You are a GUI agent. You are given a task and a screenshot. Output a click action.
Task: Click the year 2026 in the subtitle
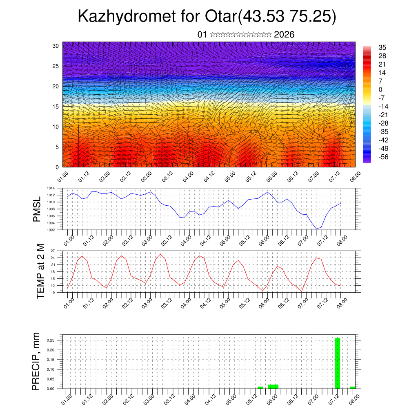tap(284, 34)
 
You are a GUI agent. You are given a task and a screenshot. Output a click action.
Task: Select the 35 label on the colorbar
tap(382, 47)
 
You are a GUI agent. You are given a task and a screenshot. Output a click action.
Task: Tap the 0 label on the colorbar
tap(380, 89)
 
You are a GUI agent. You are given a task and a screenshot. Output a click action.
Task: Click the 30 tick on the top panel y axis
tap(56, 45)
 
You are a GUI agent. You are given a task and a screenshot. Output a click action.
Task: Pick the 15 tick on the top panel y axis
tap(56, 107)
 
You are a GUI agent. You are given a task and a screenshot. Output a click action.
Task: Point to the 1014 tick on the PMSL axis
tap(51, 188)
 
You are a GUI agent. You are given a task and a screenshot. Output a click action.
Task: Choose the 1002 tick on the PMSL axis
tap(51, 230)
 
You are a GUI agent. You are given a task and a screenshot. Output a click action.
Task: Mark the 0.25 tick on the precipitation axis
tap(50, 340)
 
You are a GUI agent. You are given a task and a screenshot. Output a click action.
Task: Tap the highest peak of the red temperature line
tap(160, 254)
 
